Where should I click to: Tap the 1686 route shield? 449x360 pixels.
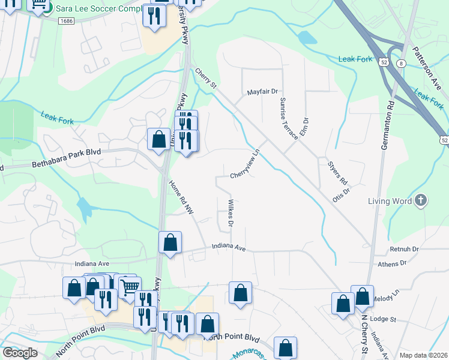[66, 21]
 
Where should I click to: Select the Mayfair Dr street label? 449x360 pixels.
[263, 92]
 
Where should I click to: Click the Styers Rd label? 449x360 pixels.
[337, 172]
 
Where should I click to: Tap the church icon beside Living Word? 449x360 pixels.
[421, 200]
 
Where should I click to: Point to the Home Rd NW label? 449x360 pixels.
[182, 197]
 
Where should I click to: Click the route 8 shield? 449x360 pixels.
[401, 62]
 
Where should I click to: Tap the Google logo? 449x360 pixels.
[20, 352]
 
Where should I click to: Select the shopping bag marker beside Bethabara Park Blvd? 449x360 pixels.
[159, 139]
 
